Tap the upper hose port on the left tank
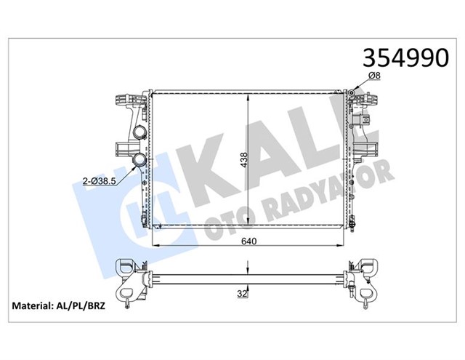click(138, 133)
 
